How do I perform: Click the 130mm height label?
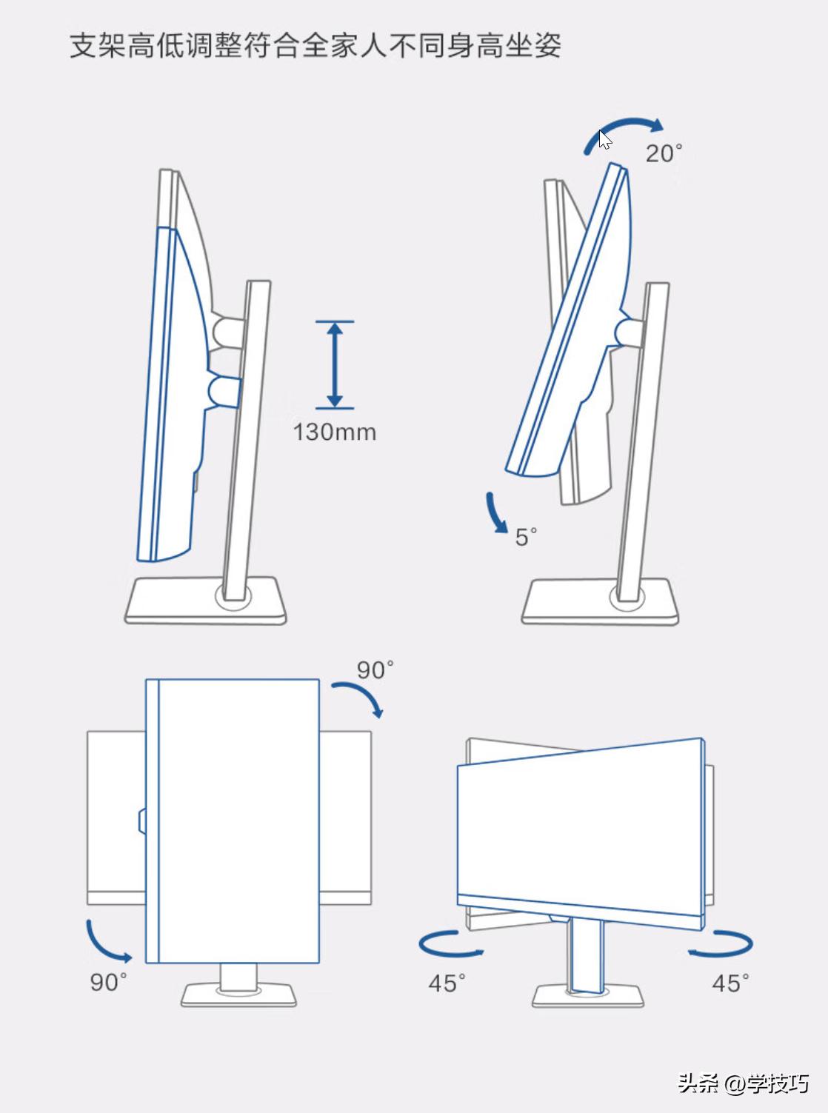(x=334, y=432)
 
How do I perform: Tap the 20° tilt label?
(x=664, y=153)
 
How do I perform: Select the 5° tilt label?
(x=526, y=537)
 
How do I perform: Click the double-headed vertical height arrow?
(x=335, y=365)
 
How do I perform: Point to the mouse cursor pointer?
(x=605, y=139)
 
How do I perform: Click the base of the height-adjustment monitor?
(x=206, y=601)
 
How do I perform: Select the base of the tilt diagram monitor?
(x=600, y=602)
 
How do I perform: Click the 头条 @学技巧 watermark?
(x=744, y=1084)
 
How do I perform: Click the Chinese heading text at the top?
(x=315, y=46)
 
